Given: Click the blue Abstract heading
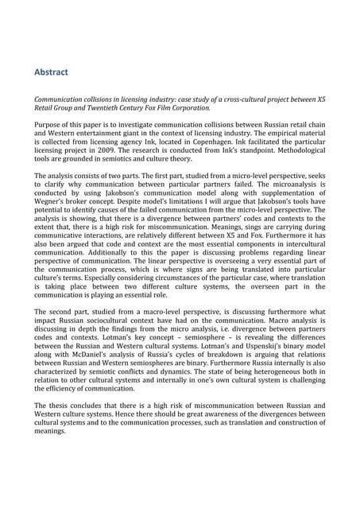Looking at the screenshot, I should [x=51, y=72].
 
